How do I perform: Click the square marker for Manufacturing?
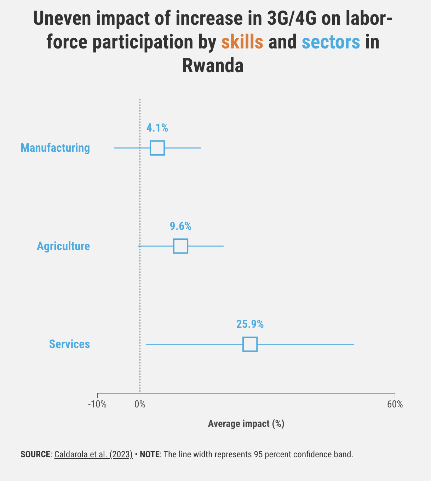(157, 148)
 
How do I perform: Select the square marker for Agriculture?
(180, 246)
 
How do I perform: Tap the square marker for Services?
(250, 344)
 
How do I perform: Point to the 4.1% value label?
(157, 128)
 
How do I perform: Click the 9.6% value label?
(180, 226)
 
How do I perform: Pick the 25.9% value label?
(250, 324)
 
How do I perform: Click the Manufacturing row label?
(55, 148)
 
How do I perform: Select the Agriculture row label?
(63, 246)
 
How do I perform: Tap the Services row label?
(69, 344)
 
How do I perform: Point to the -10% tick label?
(97, 404)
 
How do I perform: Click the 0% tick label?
(140, 404)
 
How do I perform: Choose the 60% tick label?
(395, 404)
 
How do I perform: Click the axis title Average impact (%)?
(246, 424)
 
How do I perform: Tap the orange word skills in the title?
(242, 42)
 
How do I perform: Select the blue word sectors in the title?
(331, 42)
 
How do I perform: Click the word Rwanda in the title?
(213, 66)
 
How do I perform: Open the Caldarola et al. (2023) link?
(93, 454)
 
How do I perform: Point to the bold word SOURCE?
(35, 454)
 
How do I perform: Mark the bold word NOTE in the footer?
(149, 454)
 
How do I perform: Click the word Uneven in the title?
(62, 19)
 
